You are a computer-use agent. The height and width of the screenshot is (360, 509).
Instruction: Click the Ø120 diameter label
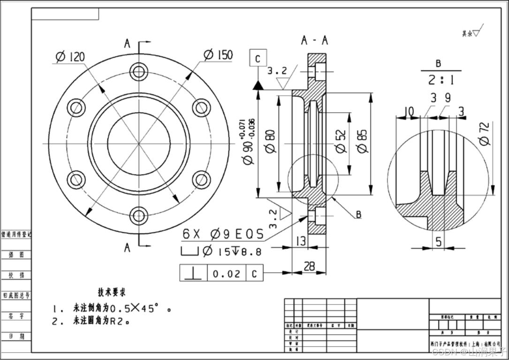70,57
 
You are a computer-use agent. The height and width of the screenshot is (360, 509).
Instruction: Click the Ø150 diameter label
218,55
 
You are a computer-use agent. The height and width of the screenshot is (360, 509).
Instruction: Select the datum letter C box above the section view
258,59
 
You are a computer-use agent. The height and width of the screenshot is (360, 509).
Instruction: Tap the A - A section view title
315,41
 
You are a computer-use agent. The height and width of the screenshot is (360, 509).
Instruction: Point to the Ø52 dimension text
341,141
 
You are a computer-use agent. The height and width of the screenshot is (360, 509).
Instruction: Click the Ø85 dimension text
362,141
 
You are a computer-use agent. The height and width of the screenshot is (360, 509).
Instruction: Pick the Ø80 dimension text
271,141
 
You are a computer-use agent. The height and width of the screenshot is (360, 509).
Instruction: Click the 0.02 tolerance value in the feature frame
226,274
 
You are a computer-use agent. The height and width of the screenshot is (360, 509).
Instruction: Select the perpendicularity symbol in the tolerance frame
193,273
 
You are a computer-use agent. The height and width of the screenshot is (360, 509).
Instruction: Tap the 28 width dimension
309,267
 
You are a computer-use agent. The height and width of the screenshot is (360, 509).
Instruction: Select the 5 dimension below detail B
438,242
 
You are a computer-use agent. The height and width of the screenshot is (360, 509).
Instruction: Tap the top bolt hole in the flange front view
139,72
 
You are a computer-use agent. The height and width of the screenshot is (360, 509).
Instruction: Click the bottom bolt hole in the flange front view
139,215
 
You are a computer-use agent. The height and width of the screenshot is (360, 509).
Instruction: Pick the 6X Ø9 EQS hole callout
223,234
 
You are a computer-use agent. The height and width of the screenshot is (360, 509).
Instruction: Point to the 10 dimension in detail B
409,111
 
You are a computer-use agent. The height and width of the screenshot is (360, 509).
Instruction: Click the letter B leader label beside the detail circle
358,214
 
